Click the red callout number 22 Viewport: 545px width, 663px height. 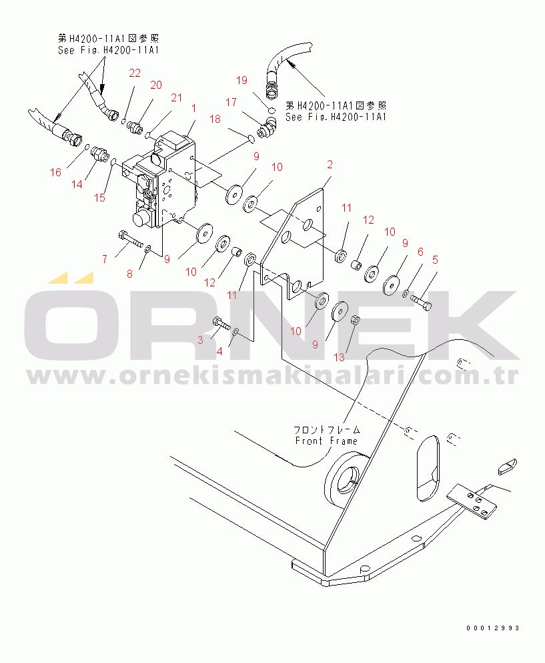[135, 73]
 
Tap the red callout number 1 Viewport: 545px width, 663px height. [193, 108]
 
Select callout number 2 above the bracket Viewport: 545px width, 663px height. [330, 164]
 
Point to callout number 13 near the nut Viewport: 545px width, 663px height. [340, 357]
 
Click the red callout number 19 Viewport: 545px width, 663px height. [241, 80]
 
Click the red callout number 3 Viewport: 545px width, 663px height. [199, 340]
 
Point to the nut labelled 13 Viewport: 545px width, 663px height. [356, 319]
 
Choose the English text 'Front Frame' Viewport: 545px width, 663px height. [326, 441]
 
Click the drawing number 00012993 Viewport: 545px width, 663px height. [493, 628]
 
